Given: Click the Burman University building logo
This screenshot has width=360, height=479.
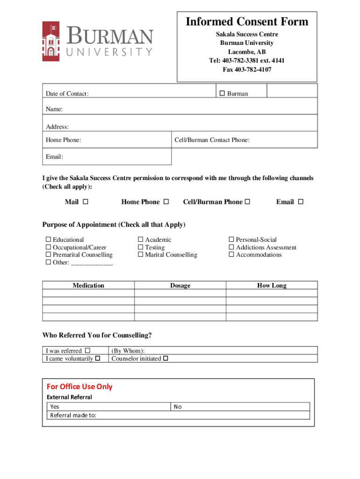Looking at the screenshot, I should tap(51, 41).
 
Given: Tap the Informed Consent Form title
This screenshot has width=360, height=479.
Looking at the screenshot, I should tap(247, 22).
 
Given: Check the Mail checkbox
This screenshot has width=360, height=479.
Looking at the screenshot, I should tap(86, 202).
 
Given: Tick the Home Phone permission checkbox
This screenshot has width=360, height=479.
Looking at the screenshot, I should tap(166, 202).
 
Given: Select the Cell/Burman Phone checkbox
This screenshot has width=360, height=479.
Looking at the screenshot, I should tap(248, 202).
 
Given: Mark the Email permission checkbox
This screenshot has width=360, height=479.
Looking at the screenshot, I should tap(301, 202).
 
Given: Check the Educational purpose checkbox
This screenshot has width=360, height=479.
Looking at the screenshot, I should tap(48, 240).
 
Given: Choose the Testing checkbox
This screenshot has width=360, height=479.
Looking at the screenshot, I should tap(140, 247).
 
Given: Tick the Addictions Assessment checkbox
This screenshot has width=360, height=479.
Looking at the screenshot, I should tap(231, 247).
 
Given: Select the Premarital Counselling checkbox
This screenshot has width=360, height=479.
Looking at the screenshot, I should tap(48, 255).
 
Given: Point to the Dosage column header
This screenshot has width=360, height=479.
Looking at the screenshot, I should tap(180, 286).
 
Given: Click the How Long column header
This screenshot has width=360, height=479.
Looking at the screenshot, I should tap(272, 286).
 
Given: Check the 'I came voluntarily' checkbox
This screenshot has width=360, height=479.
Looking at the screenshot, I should tap(98, 359).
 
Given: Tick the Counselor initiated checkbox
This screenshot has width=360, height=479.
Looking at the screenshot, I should tap(166, 359).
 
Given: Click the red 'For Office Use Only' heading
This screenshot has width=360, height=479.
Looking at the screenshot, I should tap(79, 386).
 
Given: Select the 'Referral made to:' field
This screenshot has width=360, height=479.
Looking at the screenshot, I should tap(178, 415).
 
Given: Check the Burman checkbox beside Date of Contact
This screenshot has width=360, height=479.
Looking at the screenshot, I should tap(222, 94).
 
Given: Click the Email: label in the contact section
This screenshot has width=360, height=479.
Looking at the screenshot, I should tap(54, 157).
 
